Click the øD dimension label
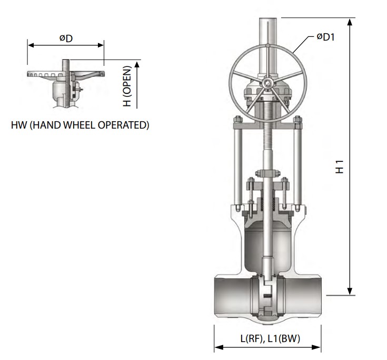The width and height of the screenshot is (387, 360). [66, 38]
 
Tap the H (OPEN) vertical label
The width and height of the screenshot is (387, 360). [127, 86]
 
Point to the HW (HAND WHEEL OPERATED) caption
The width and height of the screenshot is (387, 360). [80, 125]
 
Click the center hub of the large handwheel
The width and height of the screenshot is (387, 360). [268, 83]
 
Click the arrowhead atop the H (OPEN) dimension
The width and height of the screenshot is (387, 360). [137, 64]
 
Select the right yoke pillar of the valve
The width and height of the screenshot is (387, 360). [298, 167]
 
